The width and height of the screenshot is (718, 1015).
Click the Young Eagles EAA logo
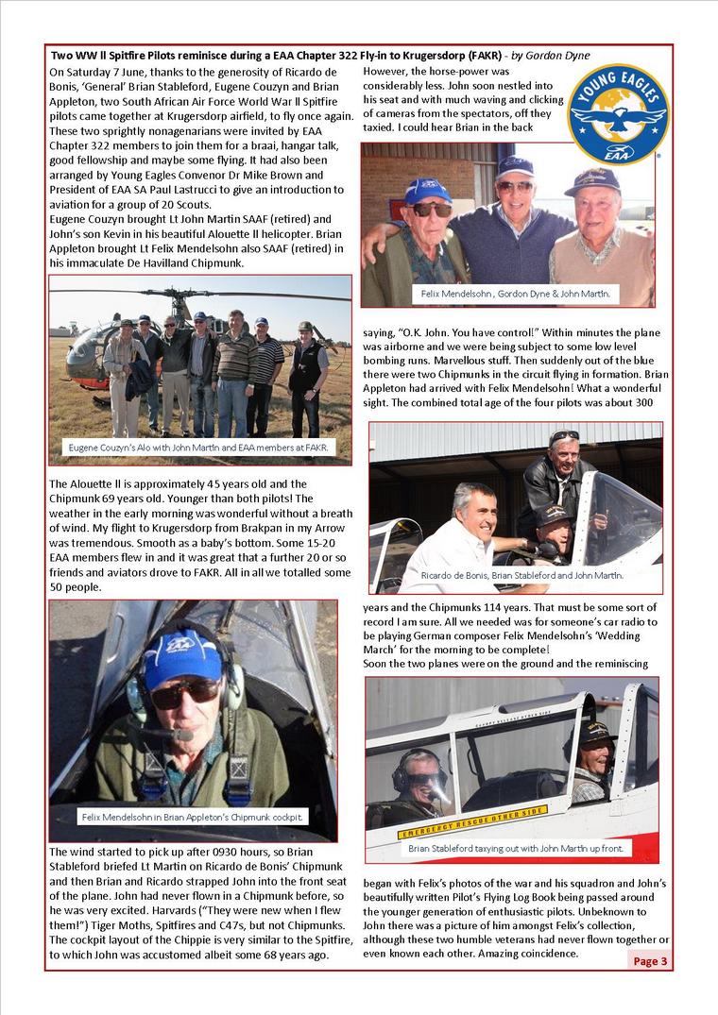(x=619, y=114)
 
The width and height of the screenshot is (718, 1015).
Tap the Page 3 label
(x=650, y=961)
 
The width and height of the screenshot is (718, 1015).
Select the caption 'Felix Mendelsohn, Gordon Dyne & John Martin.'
(x=515, y=295)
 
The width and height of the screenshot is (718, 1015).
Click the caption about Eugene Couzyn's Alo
(x=198, y=447)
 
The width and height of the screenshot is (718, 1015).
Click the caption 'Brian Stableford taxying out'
(x=515, y=850)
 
